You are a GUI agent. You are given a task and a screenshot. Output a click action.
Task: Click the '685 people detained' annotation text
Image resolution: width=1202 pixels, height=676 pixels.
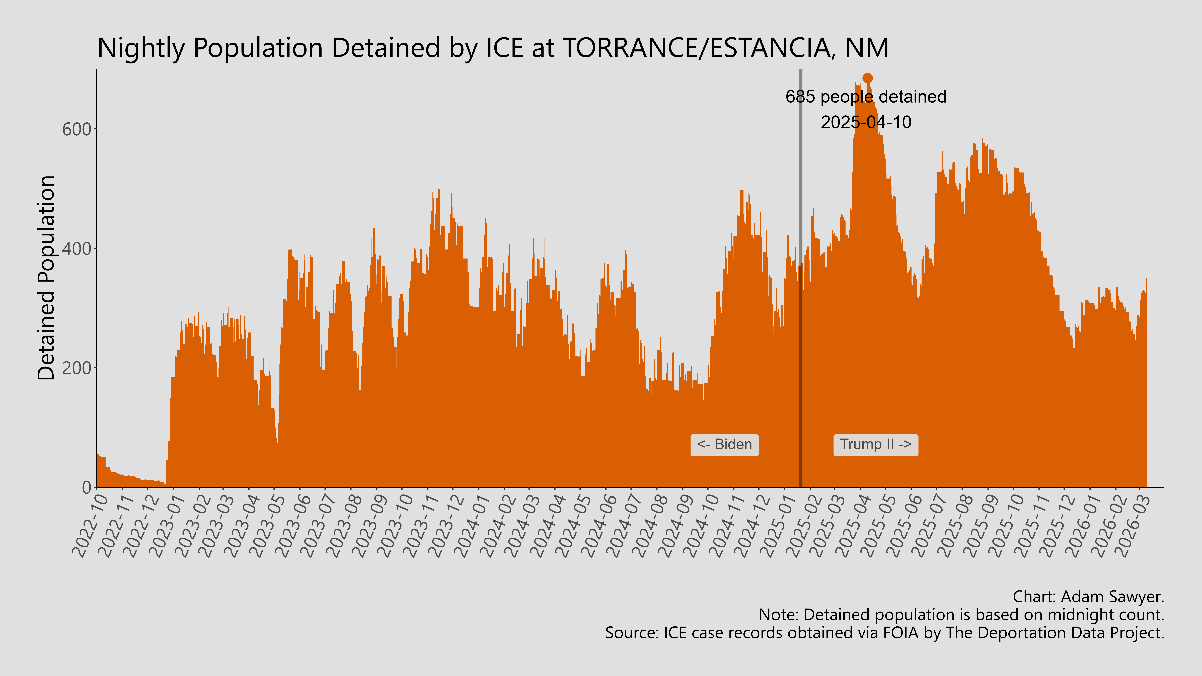point(866,97)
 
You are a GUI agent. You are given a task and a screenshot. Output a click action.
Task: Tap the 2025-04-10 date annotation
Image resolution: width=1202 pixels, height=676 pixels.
point(866,122)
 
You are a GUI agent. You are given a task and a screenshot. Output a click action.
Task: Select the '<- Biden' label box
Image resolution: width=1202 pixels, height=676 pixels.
point(724,445)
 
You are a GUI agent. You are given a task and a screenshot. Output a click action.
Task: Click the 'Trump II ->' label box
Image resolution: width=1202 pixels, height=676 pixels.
point(875,445)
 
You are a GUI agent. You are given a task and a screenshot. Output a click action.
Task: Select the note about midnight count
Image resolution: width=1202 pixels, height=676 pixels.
point(961,615)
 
